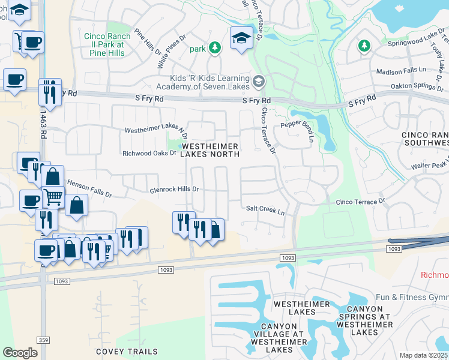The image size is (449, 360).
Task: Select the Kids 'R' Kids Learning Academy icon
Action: [259, 80]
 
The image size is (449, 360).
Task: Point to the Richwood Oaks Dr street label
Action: [149, 153]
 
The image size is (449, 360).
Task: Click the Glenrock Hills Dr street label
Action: [173, 189]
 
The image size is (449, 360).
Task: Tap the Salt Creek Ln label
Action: [265, 209]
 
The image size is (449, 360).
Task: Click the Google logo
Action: [20, 353]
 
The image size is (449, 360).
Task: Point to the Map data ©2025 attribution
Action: [424, 355]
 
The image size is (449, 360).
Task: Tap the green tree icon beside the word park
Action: [214, 47]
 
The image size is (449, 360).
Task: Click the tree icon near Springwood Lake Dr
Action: [363, 46]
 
